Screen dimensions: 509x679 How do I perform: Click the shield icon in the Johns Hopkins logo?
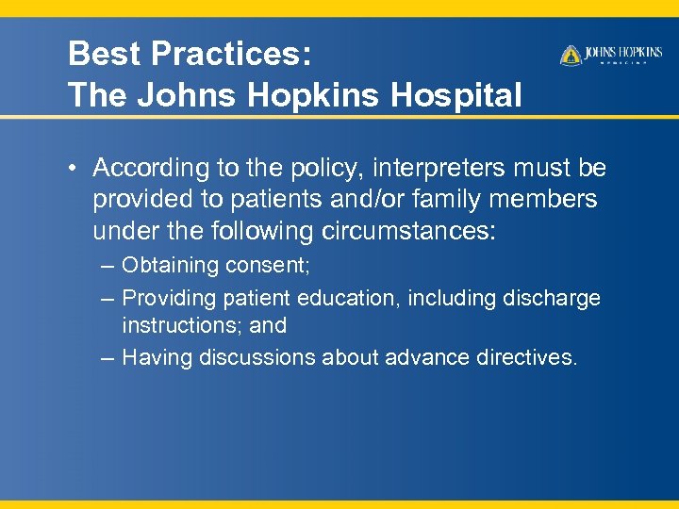(571, 56)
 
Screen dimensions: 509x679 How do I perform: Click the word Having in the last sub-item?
(155, 357)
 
